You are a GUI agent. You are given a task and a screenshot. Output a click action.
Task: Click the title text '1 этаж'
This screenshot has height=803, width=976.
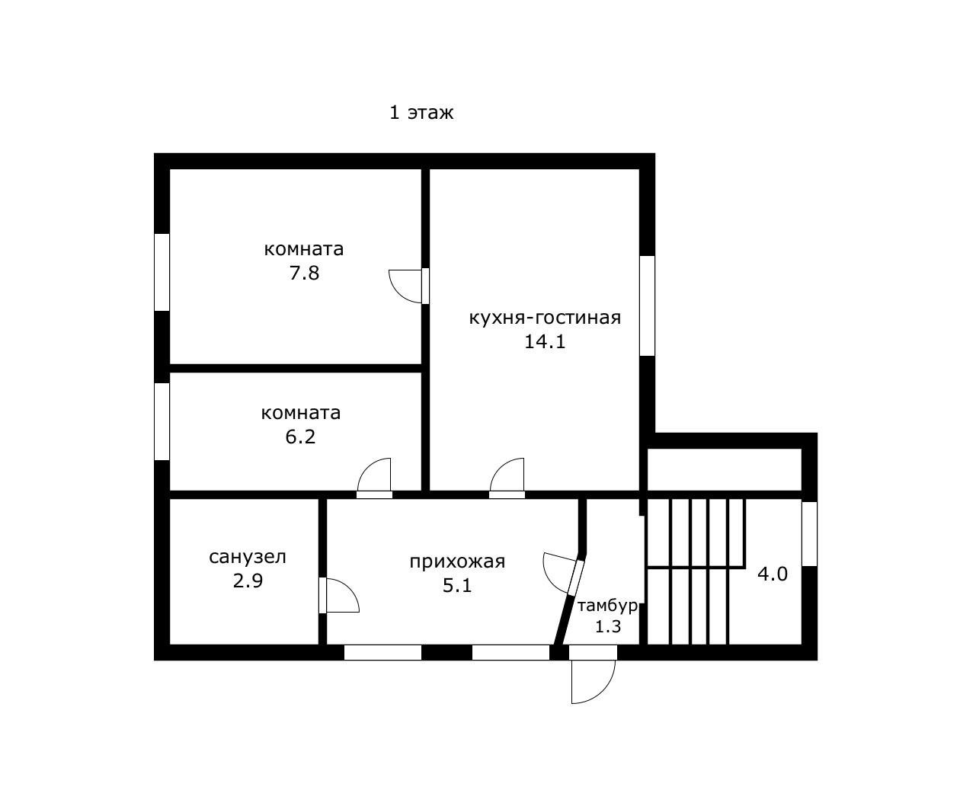point(421,113)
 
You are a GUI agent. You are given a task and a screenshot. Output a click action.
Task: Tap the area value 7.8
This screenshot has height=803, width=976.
point(304,273)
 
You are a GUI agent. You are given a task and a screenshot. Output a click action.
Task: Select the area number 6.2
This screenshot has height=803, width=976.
point(300,437)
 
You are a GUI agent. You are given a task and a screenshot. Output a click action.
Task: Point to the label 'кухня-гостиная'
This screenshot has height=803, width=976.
point(545,318)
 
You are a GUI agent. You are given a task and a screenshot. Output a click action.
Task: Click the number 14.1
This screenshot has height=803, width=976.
point(545,341)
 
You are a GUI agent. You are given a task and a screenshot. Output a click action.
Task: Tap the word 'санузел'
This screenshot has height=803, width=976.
point(248,557)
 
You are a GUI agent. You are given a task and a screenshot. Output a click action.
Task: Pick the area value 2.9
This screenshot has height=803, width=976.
point(248,581)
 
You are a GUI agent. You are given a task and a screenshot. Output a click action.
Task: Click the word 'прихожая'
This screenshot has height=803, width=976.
point(457,561)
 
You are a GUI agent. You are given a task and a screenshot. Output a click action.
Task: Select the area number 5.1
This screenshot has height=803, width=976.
point(457,586)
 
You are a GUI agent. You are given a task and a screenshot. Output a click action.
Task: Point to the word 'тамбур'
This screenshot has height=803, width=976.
point(607,606)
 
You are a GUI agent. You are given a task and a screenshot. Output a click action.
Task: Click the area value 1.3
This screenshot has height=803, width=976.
point(608,627)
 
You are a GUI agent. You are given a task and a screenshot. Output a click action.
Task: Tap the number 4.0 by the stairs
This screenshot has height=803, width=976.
point(773,574)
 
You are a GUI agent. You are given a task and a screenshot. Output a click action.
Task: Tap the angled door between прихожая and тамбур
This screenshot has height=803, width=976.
point(576,577)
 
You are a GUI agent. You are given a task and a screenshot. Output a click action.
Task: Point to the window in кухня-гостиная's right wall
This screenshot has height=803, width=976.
point(647,306)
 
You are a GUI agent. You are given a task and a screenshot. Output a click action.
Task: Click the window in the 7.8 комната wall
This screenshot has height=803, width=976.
point(162,272)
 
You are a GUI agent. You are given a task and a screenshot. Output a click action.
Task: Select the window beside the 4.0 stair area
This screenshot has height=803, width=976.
point(809,533)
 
